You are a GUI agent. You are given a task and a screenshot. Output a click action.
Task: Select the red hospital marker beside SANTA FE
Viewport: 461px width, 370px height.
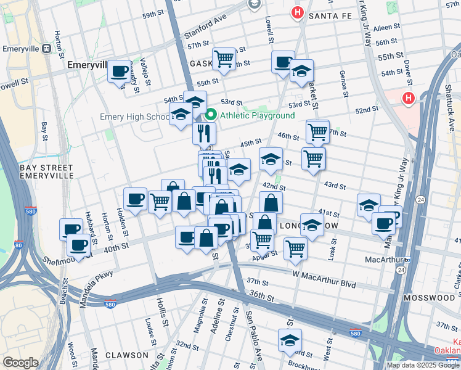pyautogui.click(x=298, y=12)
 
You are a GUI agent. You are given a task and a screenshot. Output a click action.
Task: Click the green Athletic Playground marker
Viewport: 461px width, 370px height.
pyautogui.click(x=210, y=115)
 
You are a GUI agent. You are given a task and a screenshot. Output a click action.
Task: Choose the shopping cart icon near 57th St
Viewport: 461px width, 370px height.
pyautogui.click(x=224, y=59)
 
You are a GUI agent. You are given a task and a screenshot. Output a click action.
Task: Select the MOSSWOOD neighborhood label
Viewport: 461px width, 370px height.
pyautogui.click(x=429, y=298)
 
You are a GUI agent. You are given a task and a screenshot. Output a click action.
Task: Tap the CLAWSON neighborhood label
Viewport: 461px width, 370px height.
pyautogui.click(x=126, y=355)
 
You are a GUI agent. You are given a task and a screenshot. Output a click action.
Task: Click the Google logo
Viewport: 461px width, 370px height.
pyautogui.click(x=21, y=363)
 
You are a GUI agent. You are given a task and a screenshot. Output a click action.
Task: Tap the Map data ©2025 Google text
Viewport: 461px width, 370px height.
pyautogui.click(x=423, y=365)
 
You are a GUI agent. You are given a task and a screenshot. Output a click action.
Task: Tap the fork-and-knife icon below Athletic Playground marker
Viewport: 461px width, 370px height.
pyautogui.click(x=203, y=133)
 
